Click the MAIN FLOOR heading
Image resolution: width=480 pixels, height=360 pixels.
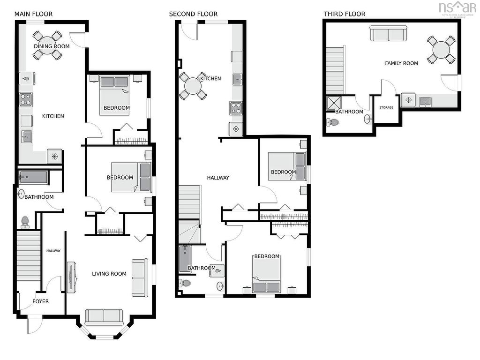(33, 14)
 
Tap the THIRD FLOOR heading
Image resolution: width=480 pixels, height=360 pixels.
(345, 14)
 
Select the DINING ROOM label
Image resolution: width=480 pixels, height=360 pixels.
(52, 46)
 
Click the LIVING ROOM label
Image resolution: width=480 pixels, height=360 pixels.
(109, 274)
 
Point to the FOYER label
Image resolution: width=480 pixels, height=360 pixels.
(41, 301)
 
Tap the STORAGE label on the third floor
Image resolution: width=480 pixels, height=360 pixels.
(386, 107)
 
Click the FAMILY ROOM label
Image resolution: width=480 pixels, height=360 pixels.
(401, 63)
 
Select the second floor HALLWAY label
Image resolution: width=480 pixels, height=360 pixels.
(218, 178)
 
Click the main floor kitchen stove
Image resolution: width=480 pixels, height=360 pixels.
(26, 100)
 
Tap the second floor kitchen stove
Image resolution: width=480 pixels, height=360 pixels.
(236, 109)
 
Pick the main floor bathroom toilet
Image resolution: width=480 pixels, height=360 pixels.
(25, 222)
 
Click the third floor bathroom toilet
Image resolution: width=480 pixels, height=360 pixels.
(333, 122)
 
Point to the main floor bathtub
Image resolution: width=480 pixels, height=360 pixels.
(33, 178)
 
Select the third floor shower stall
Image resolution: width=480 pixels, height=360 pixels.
(334, 103)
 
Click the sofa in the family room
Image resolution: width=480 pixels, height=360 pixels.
(389, 33)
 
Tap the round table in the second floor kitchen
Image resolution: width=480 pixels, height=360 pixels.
(193, 86)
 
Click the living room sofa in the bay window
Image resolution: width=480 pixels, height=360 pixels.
(104, 317)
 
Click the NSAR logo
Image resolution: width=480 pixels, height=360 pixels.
(457, 8)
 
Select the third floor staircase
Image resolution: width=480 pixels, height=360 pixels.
(335, 71)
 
